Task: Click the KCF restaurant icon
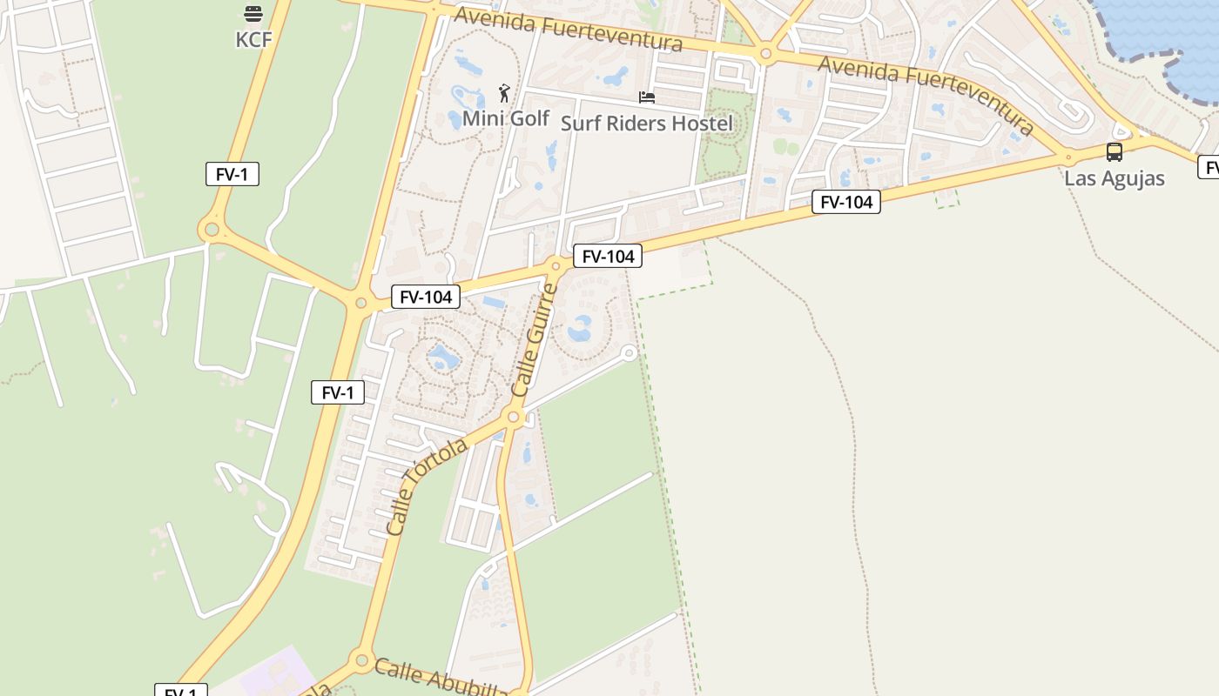(x=253, y=14)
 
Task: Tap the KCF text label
(x=253, y=39)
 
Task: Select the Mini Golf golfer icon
(x=504, y=92)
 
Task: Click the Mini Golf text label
(x=505, y=117)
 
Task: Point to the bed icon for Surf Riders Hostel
(x=647, y=97)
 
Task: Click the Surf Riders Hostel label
(x=647, y=123)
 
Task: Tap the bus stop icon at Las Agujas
(x=1114, y=152)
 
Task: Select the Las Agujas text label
(x=1115, y=178)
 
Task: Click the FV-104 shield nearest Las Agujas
(x=846, y=202)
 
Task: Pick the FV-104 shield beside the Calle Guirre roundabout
(x=608, y=256)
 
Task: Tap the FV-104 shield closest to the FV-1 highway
(x=425, y=297)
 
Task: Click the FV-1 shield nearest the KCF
(x=232, y=174)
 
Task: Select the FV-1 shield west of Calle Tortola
(x=338, y=392)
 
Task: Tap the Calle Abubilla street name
(x=441, y=677)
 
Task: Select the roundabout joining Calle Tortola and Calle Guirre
(x=513, y=418)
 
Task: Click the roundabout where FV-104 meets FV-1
(x=360, y=303)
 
